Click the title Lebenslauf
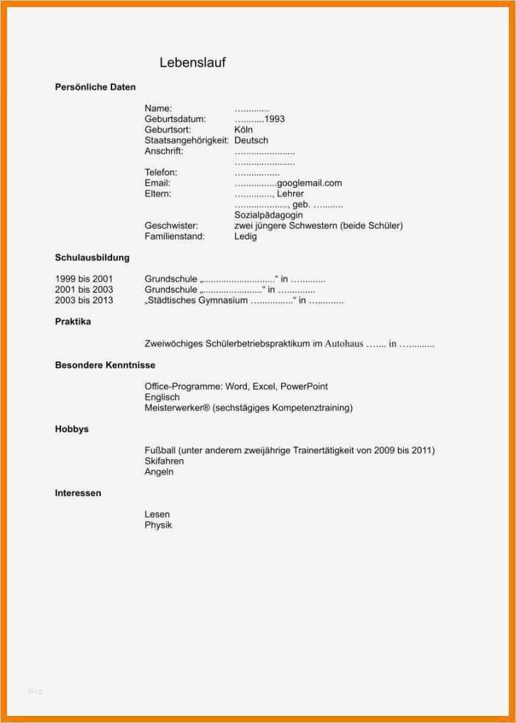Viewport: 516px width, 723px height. tap(192, 62)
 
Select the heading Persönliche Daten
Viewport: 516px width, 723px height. tap(95, 87)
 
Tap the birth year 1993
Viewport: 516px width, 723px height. tap(275, 119)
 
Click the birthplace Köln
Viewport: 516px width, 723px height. tap(243, 130)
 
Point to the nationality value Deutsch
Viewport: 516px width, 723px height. tap(251, 140)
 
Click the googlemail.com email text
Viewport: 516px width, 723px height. tap(309, 183)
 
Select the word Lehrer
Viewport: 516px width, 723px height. tap(290, 194)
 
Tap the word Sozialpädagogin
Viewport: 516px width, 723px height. tap(268, 215)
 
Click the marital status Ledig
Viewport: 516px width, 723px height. tap(246, 236)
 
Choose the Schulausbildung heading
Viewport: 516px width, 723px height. tap(92, 258)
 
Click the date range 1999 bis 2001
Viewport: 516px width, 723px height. tap(84, 279)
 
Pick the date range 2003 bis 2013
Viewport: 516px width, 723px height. tap(84, 301)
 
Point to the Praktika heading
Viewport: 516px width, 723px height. tap(73, 322)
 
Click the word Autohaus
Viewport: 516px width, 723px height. tap(344, 344)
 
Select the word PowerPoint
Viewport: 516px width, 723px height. tap(304, 386)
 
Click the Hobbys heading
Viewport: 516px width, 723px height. tap(72, 430)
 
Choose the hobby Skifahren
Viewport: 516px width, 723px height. tap(164, 461)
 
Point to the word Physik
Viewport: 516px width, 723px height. tap(158, 525)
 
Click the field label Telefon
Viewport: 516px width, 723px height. tap(161, 172)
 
